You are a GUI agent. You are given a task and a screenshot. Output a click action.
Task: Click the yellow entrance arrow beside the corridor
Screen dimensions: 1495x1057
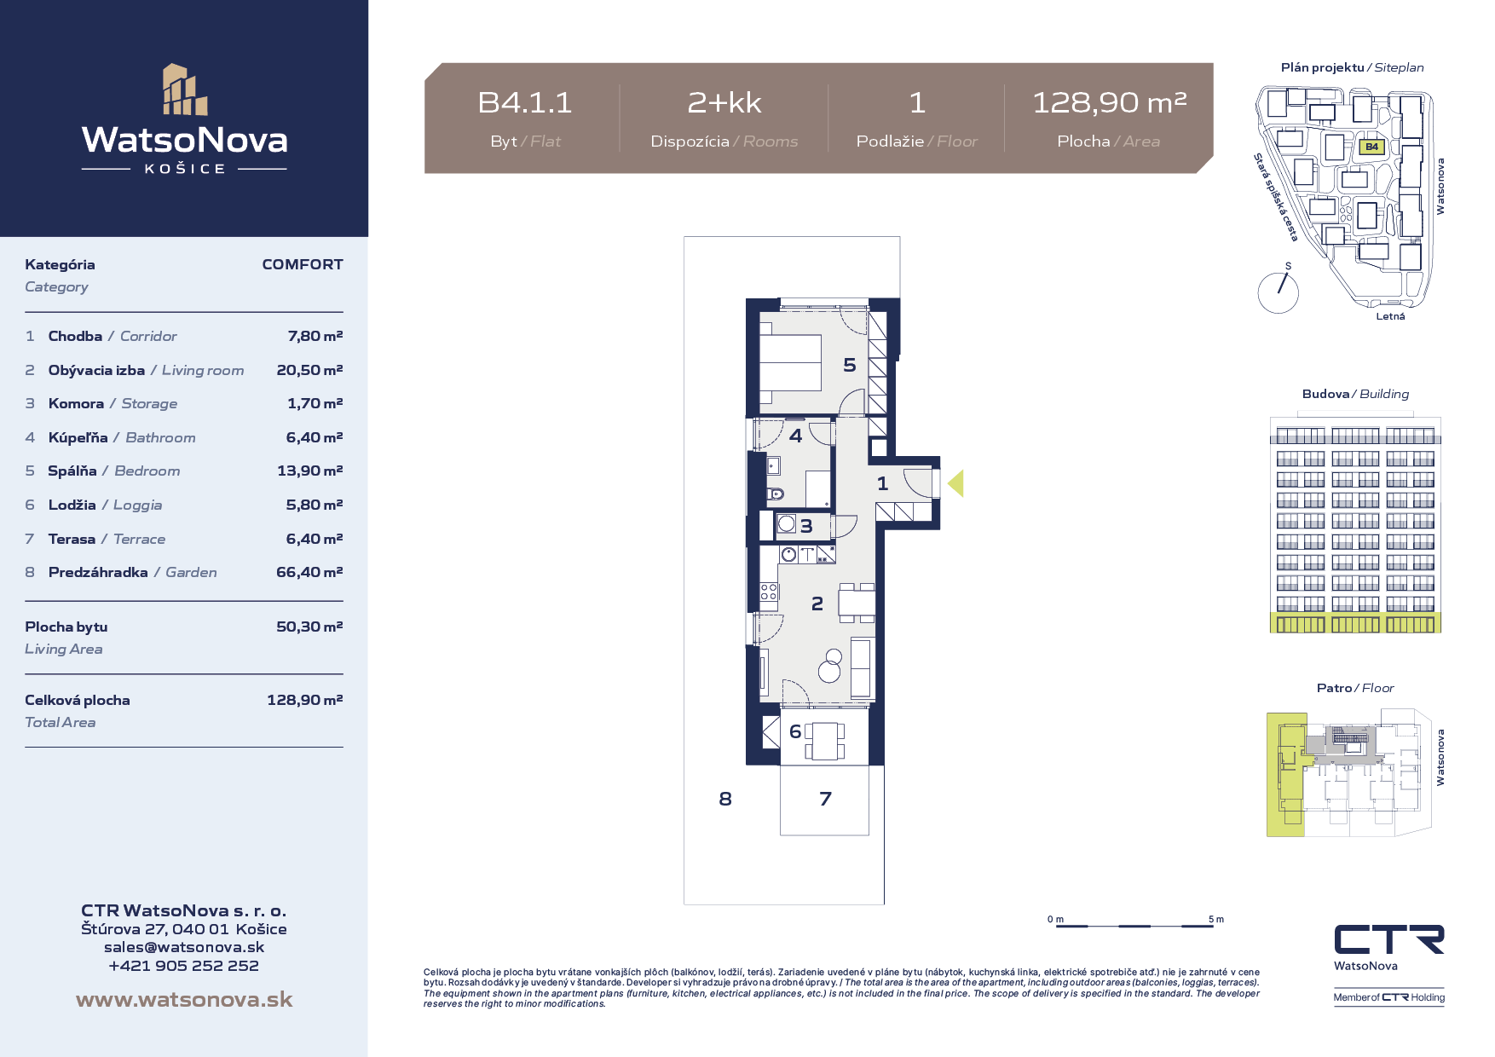pos(956,483)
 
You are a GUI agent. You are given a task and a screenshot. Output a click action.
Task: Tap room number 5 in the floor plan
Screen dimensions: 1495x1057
pos(850,365)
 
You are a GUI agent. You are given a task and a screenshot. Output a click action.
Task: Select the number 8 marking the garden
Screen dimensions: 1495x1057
pos(725,799)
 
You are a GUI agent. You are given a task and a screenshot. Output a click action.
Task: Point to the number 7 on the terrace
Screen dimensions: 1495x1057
pos(825,799)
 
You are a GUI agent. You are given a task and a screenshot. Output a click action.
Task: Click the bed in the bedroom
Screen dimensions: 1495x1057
pos(790,363)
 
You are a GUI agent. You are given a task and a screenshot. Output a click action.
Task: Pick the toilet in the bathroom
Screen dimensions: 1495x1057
pos(775,494)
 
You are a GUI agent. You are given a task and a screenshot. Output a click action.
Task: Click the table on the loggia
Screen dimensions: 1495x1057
pos(825,741)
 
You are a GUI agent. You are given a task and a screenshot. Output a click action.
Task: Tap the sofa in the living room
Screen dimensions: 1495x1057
pos(861,668)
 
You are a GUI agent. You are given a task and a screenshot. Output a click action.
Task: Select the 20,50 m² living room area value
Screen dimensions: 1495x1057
pos(309,370)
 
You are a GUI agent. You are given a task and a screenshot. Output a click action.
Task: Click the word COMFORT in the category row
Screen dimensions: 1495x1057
pos(303,264)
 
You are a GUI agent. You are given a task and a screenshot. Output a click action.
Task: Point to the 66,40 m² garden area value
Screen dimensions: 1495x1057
pos(309,572)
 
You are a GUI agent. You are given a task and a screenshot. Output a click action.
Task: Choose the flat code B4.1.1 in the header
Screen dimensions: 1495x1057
pos(525,103)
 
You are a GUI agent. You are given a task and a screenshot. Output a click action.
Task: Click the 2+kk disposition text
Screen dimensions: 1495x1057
pos(724,103)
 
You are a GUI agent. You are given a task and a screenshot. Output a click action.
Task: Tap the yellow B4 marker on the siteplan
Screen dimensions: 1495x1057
pos(1371,147)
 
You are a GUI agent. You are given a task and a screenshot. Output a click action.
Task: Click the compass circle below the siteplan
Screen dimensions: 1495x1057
pos(1278,293)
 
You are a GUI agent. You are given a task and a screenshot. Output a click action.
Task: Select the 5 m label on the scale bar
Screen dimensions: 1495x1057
pos(1216,919)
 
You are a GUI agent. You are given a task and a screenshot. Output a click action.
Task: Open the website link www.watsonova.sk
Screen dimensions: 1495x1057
pos(184,1000)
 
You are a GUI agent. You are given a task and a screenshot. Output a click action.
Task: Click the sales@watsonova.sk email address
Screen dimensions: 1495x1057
pos(184,947)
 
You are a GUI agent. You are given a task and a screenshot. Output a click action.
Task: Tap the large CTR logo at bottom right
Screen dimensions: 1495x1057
pos(1389,939)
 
